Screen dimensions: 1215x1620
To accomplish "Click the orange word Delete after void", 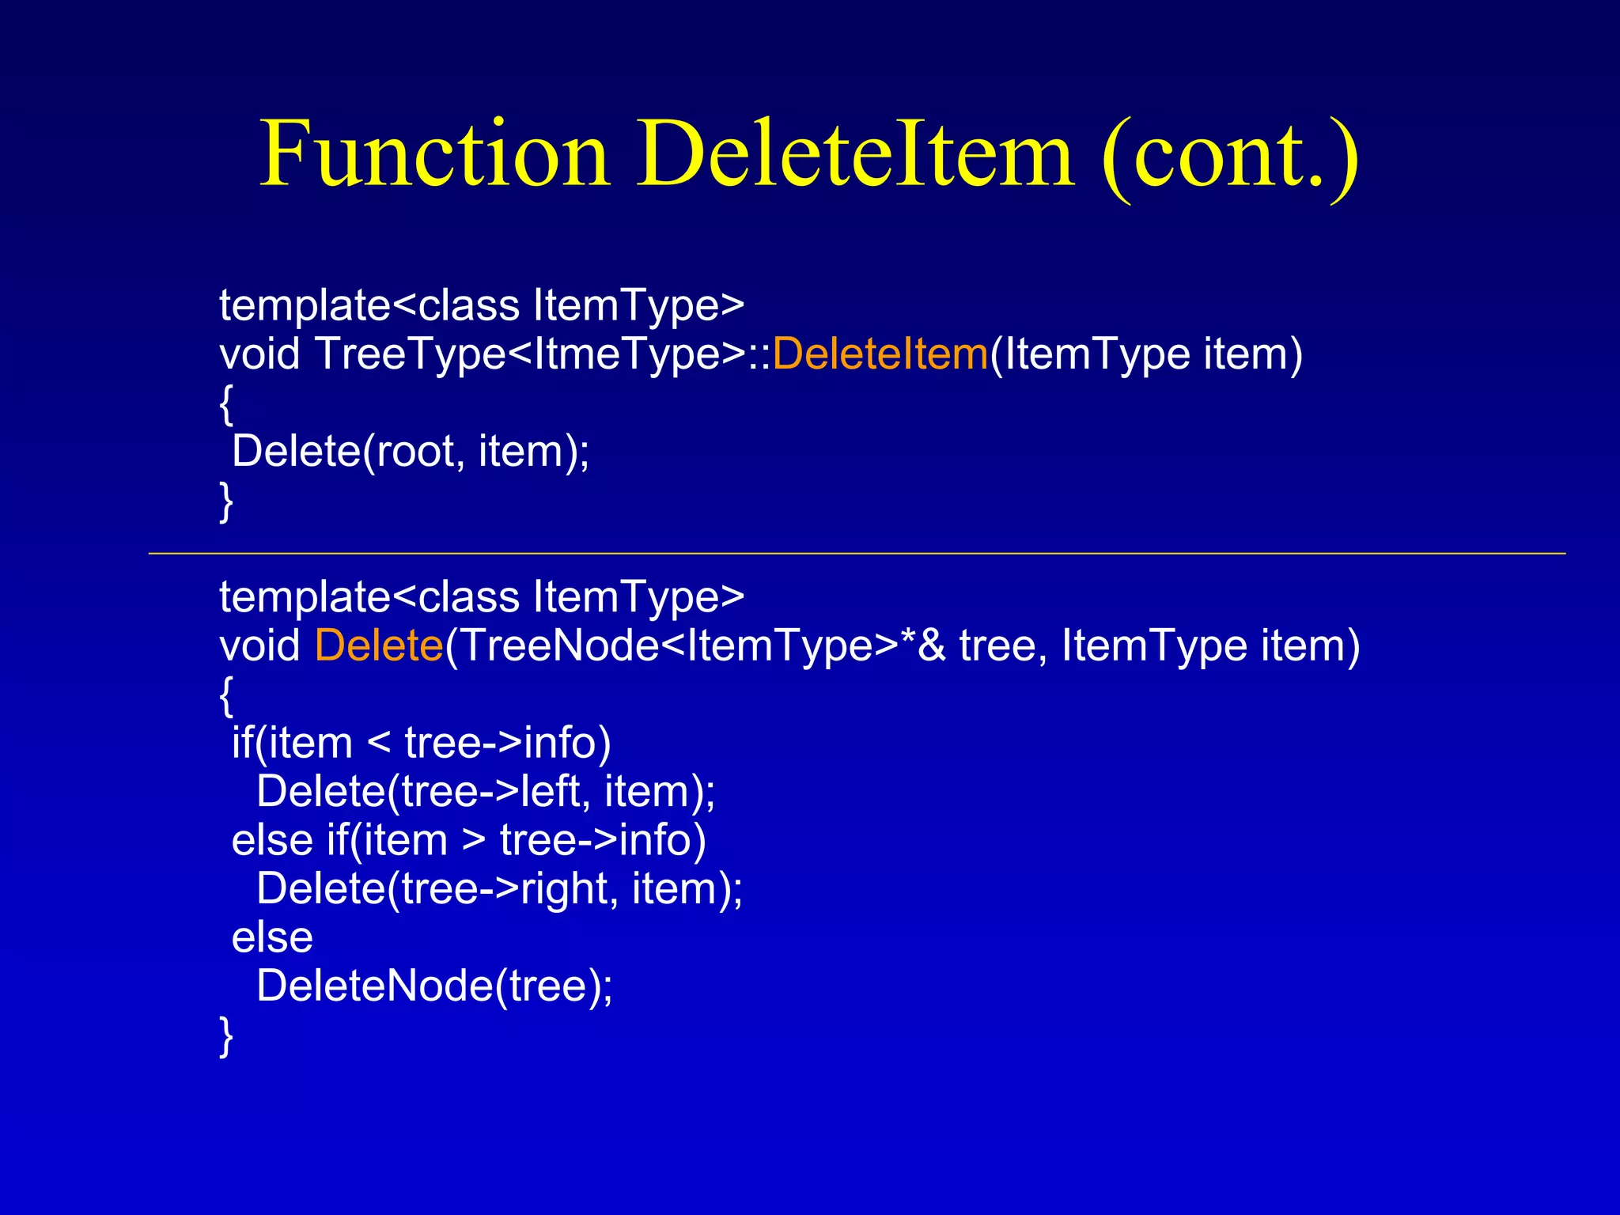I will click(x=379, y=645).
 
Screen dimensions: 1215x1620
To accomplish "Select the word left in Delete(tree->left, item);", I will click(x=551, y=792).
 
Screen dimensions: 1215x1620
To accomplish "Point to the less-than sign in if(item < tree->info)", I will click(x=379, y=744).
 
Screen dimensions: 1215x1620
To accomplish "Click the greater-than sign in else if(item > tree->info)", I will click(x=474, y=841).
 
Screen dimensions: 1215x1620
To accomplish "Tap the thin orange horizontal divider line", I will click(x=857, y=554).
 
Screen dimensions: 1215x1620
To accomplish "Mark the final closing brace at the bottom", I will click(x=226, y=1036).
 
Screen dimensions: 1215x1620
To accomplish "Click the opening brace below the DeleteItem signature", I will click(x=226, y=404).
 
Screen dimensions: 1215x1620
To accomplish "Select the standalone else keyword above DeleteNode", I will click(x=272, y=938).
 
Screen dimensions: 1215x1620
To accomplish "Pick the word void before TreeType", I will click(x=259, y=354).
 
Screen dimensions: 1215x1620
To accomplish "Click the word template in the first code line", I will click(x=305, y=305).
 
